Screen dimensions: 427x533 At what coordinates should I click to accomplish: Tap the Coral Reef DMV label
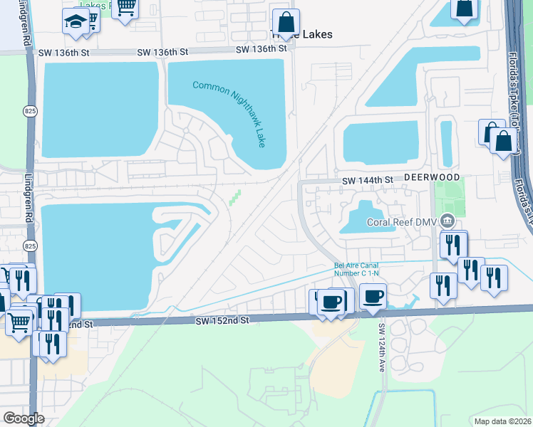click(x=402, y=221)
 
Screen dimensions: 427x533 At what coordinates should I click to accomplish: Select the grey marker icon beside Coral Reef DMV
click(x=447, y=220)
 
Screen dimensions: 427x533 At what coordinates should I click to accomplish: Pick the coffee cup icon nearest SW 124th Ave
click(x=373, y=295)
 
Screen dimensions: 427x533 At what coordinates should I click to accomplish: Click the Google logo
click(x=24, y=418)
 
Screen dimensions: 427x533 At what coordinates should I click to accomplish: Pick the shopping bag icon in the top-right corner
click(x=465, y=8)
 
